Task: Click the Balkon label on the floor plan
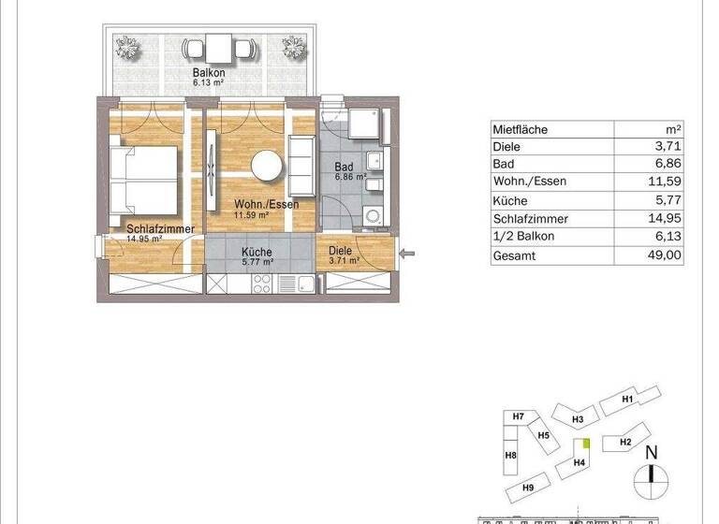click(x=209, y=73)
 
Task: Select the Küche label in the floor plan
click(x=256, y=252)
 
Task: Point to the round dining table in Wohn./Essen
click(x=267, y=166)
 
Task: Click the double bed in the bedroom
click(x=144, y=179)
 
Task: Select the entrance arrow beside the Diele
click(x=404, y=252)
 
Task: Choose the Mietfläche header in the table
click(x=521, y=130)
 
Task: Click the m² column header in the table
click(x=671, y=130)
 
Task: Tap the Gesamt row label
click(x=514, y=255)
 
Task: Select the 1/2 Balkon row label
click(x=523, y=237)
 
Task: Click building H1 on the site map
click(x=629, y=400)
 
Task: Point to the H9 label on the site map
click(x=527, y=488)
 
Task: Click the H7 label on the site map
click(x=518, y=415)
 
